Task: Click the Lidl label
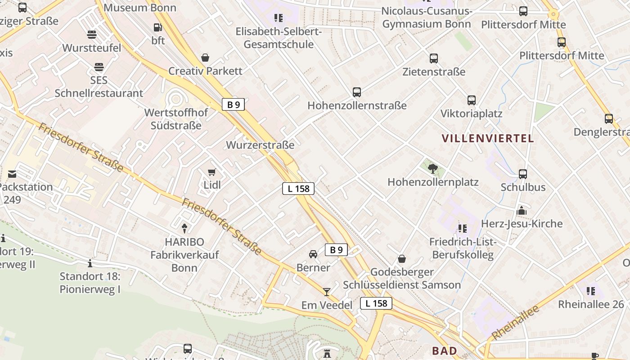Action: [x=212, y=185]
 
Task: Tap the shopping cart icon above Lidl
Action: [x=212, y=172]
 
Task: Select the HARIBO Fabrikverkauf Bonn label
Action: [x=184, y=255]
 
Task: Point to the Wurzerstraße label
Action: [x=260, y=145]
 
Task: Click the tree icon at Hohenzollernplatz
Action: [x=433, y=169]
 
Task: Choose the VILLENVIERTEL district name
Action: [x=488, y=139]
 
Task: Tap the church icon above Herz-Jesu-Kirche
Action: [x=522, y=211]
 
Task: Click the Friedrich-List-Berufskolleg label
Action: [x=463, y=248]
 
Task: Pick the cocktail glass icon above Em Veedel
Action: [x=327, y=292]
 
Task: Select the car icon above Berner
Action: [x=313, y=254]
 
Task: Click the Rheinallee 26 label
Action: [x=591, y=305]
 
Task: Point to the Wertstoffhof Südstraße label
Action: [x=176, y=119]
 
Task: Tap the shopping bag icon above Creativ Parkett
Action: [x=205, y=58]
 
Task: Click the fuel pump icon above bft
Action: [x=157, y=27]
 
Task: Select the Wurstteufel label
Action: [x=92, y=48]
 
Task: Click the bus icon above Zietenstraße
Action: [x=434, y=58]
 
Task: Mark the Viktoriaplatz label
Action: [x=471, y=113]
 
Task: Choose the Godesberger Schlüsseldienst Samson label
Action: [x=402, y=279]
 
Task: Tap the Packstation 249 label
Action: [x=26, y=193]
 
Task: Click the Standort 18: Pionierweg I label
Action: [x=90, y=283]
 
